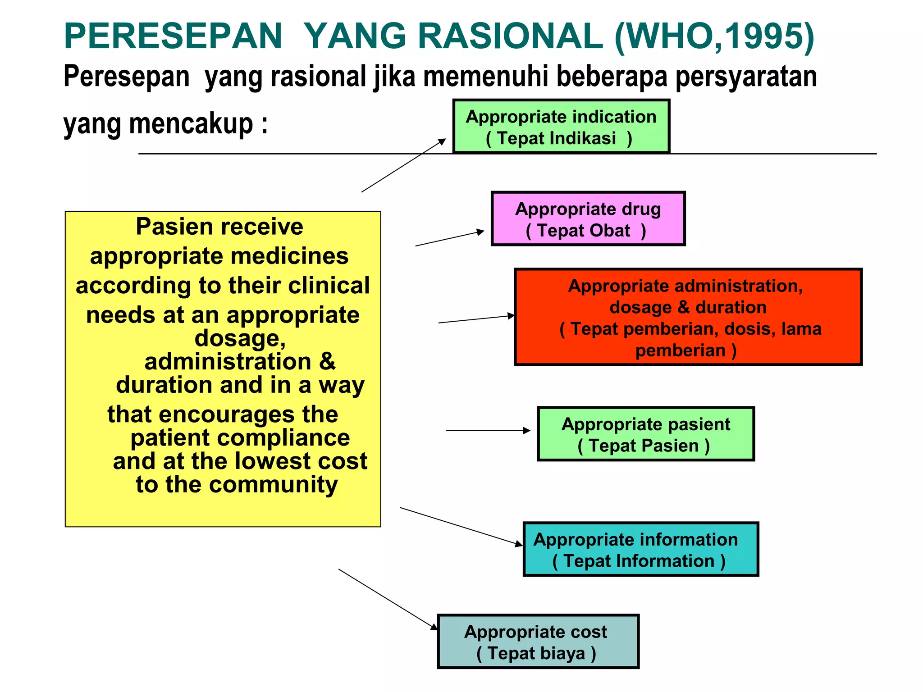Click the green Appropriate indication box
(x=561, y=127)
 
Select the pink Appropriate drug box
(x=588, y=219)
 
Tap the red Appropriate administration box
(x=688, y=317)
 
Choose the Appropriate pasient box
(x=645, y=434)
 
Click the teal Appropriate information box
(x=640, y=550)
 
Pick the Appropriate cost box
(x=538, y=642)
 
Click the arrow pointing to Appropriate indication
(x=403, y=165)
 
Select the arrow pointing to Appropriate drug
(x=449, y=238)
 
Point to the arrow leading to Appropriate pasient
(x=488, y=431)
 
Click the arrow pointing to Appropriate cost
(x=388, y=599)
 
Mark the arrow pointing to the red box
(x=476, y=319)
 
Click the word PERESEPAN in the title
(x=173, y=36)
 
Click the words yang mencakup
(x=165, y=124)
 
